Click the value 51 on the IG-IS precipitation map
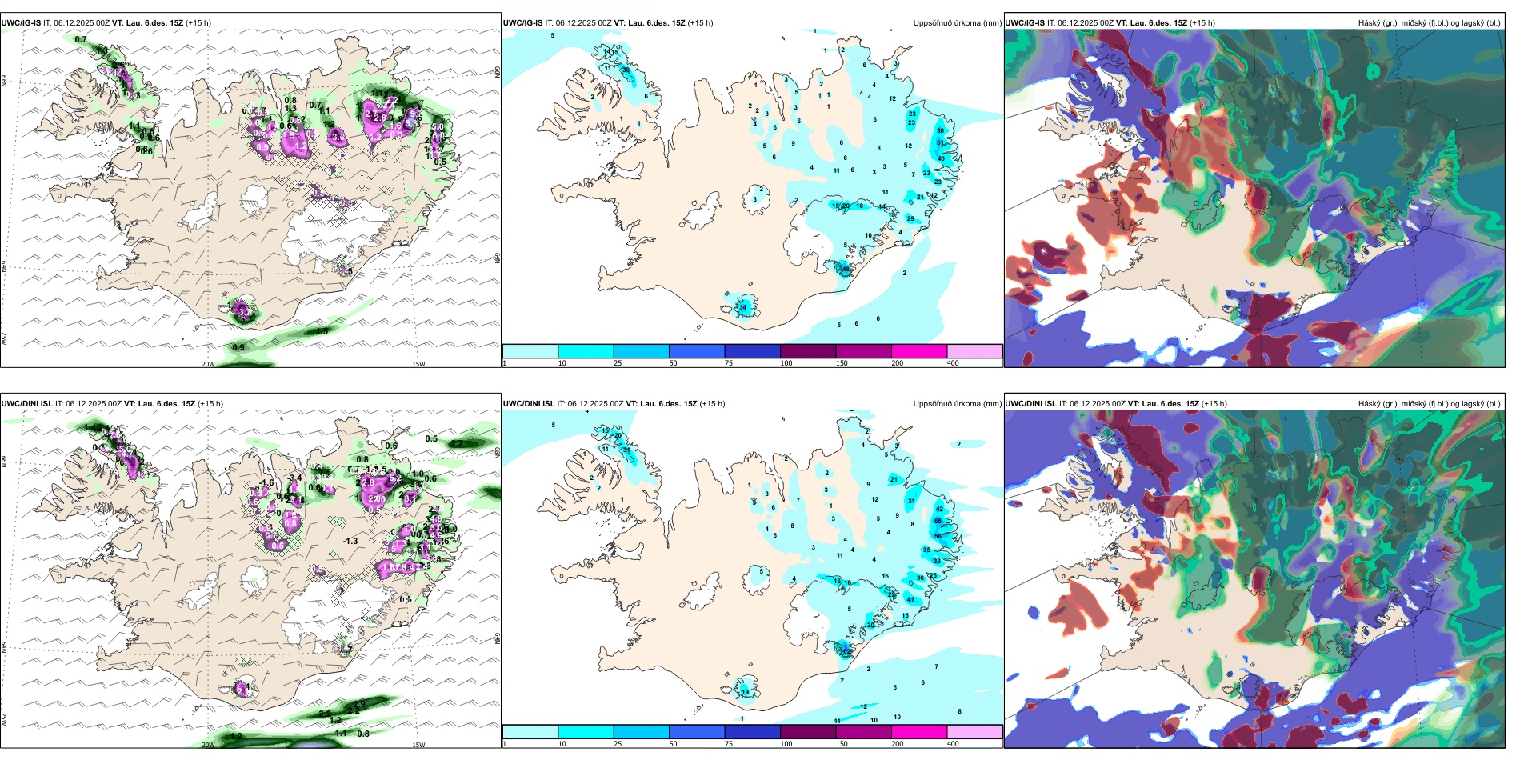(x=941, y=142)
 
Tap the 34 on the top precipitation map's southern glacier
(x=742, y=307)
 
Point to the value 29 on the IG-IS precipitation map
(x=910, y=218)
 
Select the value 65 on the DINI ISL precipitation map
(x=938, y=521)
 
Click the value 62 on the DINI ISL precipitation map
(x=846, y=651)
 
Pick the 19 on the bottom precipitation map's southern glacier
(x=745, y=692)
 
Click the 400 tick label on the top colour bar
(x=953, y=363)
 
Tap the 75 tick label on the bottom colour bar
(x=729, y=744)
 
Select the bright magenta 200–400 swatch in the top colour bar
(x=918, y=351)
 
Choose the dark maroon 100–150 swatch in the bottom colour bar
(x=807, y=732)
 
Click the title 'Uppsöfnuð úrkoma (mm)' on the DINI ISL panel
(x=957, y=404)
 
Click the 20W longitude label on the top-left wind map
(x=208, y=364)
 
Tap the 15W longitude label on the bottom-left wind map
(x=418, y=745)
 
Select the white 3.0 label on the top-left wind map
(x=338, y=138)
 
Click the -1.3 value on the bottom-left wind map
(x=350, y=541)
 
